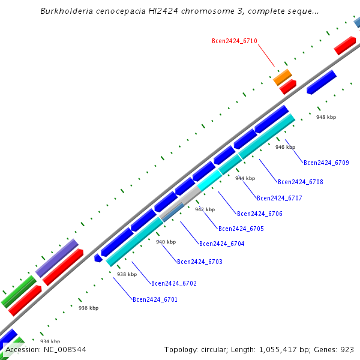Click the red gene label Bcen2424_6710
pos(234,41)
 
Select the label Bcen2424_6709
pos(326,163)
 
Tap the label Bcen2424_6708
pos(300,182)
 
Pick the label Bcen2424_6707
pos(279,198)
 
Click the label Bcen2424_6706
pos(259,214)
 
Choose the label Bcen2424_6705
pos(241,229)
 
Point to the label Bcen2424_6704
pos(221,244)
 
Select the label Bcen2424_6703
pos(199,262)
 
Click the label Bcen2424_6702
pos(173,283)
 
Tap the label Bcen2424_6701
pos(155,299)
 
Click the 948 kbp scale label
pos(326,117)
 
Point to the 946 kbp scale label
pos(285,147)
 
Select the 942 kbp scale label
pos(205,209)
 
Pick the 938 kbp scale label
pos(127,274)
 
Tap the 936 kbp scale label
pos(88,308)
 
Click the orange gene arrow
pos(282,76)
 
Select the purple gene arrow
pos(57,258)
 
